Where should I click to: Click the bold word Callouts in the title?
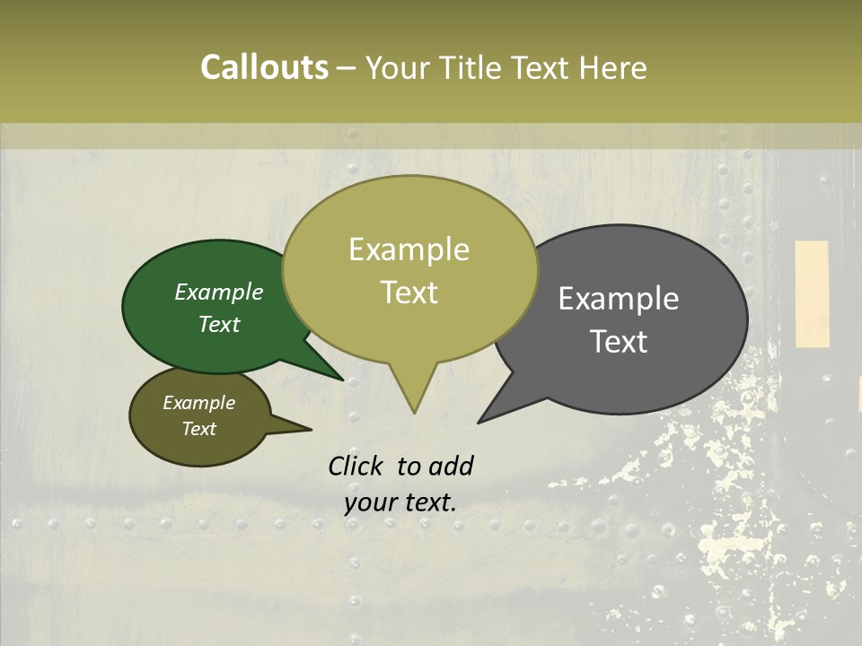pos(264,67)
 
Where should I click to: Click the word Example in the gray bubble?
pos(619,299)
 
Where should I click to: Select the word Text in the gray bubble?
pos(619,342)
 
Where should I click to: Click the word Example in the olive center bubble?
pos(409,249)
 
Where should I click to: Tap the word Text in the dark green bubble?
pos(219,325)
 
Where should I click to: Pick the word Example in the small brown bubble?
pos(198,403)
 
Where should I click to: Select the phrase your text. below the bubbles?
pos(400,502)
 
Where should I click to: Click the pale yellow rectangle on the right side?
pos(812,293)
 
